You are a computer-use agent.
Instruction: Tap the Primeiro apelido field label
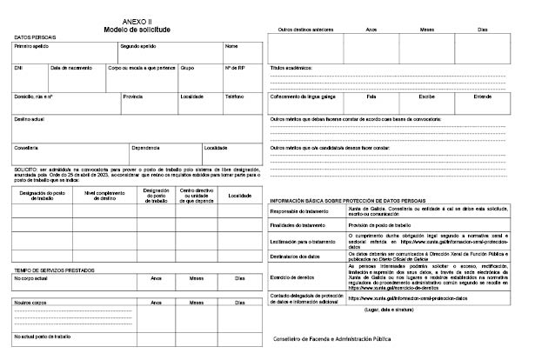click(x=32, y=46)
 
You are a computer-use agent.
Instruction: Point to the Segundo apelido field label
click(x=138, y=46)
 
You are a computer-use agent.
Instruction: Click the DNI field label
click(x=19, y=67)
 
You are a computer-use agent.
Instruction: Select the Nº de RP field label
click(x=234, y=67)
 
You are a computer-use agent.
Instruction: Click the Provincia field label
click(x=133, y=97)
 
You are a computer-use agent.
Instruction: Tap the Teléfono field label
click(x=234, y=97)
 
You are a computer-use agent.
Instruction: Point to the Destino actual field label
click(x=31, y=117)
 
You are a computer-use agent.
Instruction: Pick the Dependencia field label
click(x=146, y=147)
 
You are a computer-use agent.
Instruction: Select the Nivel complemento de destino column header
click(x=102, y=196)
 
